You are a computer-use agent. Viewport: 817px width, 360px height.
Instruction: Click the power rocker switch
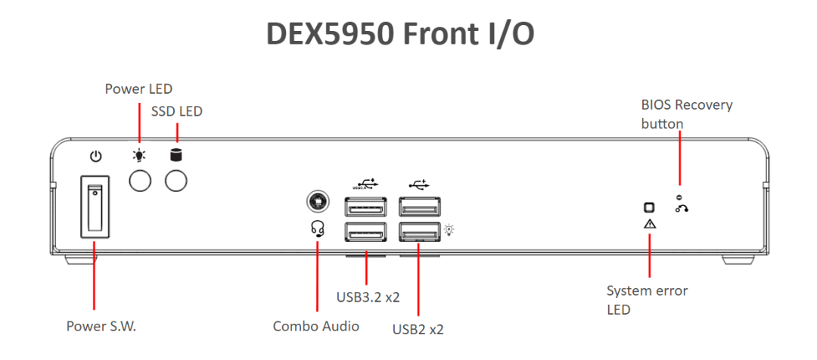tap(95, 207)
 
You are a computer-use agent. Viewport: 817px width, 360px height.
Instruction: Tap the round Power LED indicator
tap(140, 181)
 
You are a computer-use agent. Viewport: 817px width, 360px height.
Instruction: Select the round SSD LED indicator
tap(176, 181)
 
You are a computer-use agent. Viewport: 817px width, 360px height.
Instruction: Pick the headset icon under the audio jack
tap(318, 228)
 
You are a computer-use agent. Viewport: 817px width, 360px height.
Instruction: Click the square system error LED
tap(649, 208)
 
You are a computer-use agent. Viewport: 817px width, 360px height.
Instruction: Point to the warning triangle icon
tap(650, 224)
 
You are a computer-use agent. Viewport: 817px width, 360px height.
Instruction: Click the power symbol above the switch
tap(95, 157)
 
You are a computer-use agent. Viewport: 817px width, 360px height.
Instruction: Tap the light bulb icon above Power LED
tap(140, 157)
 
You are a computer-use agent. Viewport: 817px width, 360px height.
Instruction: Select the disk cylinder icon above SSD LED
tap(176, 156)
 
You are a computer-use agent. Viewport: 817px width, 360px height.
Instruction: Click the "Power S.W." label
tap(101, 327)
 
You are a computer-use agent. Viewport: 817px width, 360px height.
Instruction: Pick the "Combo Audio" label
tap(316, 327)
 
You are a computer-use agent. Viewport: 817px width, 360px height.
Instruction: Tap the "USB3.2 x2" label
tap(368, 297)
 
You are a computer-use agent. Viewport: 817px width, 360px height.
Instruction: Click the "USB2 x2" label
tap(418, 330)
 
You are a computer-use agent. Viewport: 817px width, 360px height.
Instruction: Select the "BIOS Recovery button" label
tap(686, 113)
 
